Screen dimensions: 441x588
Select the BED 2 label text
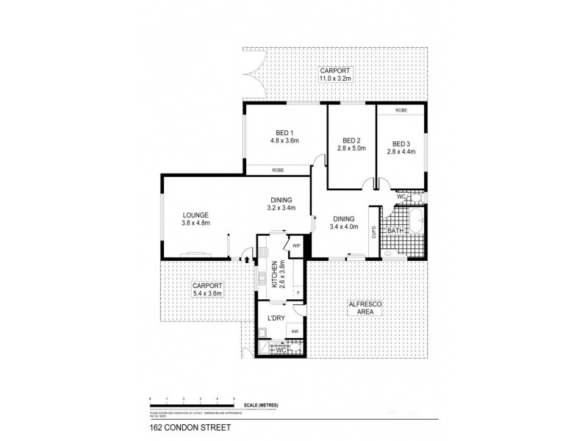[351, 140]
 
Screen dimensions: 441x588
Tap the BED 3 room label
[401, 143]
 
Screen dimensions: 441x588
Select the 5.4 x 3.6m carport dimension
[206, 293]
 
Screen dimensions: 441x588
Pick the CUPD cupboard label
[374, 232]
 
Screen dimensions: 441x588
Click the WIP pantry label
[297, 245]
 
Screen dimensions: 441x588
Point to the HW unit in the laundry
[295, 332]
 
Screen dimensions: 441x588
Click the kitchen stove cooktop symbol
[262, 255]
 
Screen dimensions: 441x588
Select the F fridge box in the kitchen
[298, 293]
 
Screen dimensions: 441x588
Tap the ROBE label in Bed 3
[401, 110]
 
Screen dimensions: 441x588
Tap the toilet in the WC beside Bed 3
[416, 197]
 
